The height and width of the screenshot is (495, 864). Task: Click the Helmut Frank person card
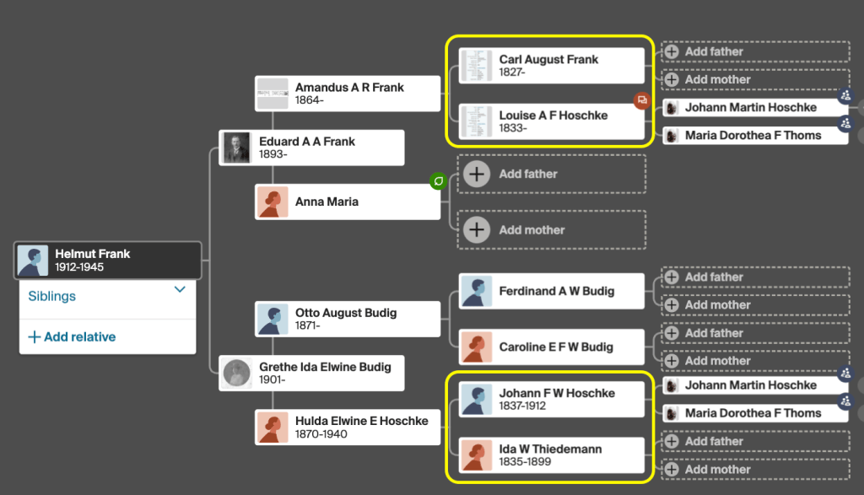pyautogui.click(x=108, y=261)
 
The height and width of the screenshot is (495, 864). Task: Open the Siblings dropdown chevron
pyautogui.click(x=180, y=289)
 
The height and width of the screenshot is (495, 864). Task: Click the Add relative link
pyautogui.click(x=72, y=337)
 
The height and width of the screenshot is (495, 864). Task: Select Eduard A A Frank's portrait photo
pyautogui.click(x=237, y=148)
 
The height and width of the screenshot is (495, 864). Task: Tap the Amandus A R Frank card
pyautogui.click(x=348, y=94)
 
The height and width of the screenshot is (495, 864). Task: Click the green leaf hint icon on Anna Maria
pyautogui.click(x=438, y=180)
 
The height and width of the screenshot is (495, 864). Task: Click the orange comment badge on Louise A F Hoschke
pyautogui.click(x=642, y=100)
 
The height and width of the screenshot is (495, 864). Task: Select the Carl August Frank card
pyautogui.click(x=552, y=66)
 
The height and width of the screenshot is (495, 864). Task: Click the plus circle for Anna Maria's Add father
pyautogui.click(x=477, y=174)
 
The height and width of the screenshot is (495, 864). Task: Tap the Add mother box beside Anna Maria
pyautogui.click(x=552, y=229)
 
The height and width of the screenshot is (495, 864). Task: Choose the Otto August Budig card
pyautogui.click(x=348, y=319)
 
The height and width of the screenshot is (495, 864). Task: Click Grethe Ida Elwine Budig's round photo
pyautogui.click(x=237, y=374)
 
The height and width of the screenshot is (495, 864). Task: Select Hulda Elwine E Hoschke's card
pyautogui.click(x=348, y=427)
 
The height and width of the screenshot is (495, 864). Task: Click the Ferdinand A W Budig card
pyautogui.click(x=552, y=291)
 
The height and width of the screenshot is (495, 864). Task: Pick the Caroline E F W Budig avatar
pyautogui.click(x=477, y=347)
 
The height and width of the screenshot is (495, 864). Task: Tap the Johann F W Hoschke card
pyautogui.click(x=552, y=399)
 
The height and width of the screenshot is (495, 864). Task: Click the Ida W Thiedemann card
pyautogui.click(x=552, y=455)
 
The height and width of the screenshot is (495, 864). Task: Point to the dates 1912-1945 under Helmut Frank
pyautogui.click(x=79, y=267)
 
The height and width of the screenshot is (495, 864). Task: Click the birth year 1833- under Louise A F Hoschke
pyautogui.click(x=513, y=128)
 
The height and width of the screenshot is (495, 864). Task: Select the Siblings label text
pyautogui.click(x=51, y=296)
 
